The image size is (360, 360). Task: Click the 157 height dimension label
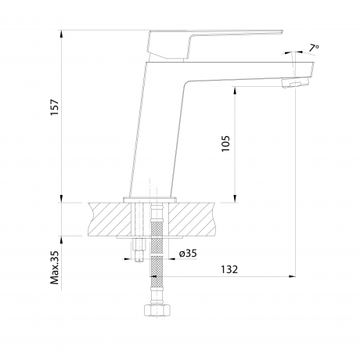pyautogui.click(x=56, y=107)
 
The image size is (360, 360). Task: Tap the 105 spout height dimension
pyautogui.click(x=225, y=144)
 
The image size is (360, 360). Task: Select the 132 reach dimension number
pyautogui.click(x=229, y=269)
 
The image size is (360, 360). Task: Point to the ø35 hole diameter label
pyautogui.click(x=188, y=253)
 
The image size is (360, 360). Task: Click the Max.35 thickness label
pyautogui.click(x=56, y=268)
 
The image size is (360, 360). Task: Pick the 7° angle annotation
pyautogui.click(x=315, y=49)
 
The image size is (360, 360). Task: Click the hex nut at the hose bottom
pyautogui.click(x=157, y=310)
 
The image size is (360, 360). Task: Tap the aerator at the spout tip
pyautogui.click(x=295, y=83)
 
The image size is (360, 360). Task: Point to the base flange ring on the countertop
pyautogui.click(x=150, y=200)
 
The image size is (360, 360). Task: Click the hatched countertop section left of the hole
pyautogui.click(x=110, y=219)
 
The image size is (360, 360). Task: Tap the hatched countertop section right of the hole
pyautogui.click(x=193, y=219)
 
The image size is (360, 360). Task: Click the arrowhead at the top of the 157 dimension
pyautogui.click(x=61, y=34)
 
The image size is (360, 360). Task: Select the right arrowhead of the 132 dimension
pyautogui.click(x=292, y=276)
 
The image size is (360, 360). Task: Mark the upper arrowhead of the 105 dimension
pyautogui.click(x=235, y=91)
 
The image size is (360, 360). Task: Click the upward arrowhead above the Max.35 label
pyautogui.click(x=61, y=240)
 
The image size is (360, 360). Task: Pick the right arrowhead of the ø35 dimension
pyautogui.click(x=172, y=259)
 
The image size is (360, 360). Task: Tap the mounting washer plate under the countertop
pyautogui.click(x=149, y=237)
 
